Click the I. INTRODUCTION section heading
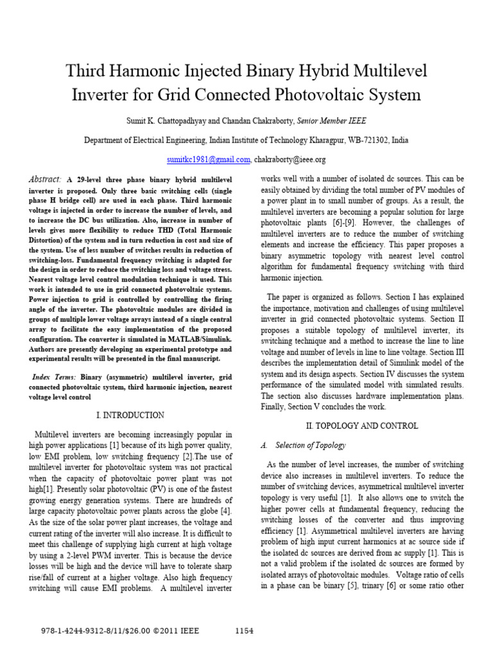[130, 415]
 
